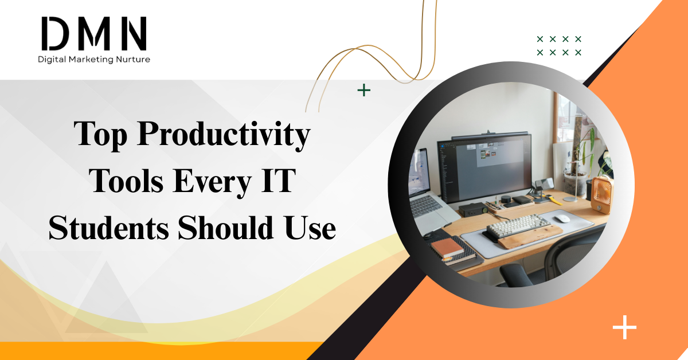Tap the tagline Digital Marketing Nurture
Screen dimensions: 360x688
[x=93, y=59]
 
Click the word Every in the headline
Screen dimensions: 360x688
[x=210, y=182]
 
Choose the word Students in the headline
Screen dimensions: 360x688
[x=108, y=228]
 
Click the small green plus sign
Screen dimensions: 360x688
[x=363, y=90]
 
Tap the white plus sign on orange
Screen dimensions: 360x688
[x=624, y=328]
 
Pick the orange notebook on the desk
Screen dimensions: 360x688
[x=448, y=248]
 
